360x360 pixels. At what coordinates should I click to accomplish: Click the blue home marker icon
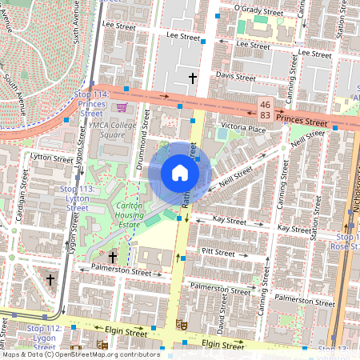tap(180, 172)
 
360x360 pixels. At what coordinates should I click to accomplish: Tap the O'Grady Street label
tap(258, 10)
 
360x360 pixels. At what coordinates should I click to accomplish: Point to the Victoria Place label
tap(243, 127)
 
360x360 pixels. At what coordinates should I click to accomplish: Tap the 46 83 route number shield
tap(265, 111)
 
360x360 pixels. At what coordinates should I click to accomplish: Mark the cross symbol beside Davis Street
tap(192, 78)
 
